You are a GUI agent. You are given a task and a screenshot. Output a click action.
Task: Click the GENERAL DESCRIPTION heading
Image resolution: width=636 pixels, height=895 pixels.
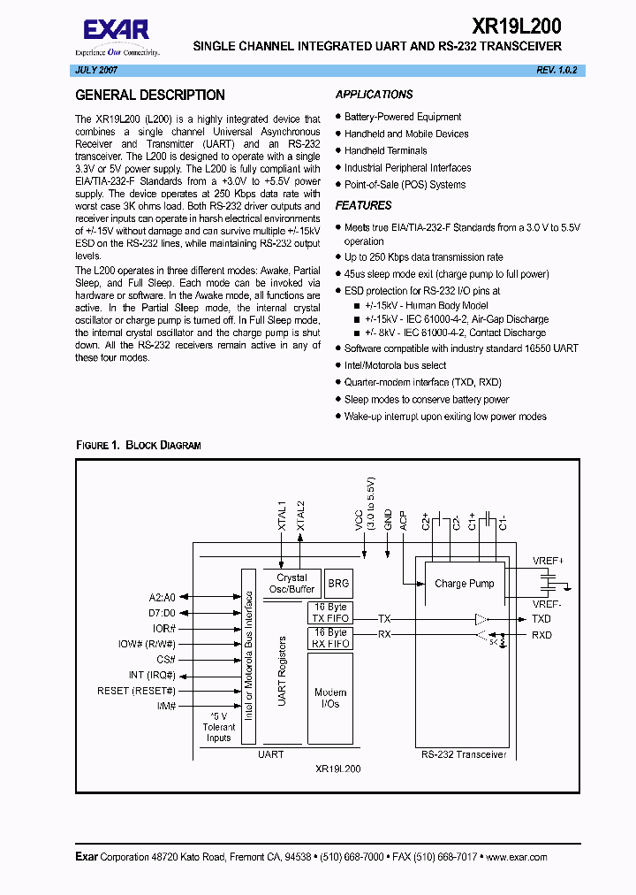point(150,96)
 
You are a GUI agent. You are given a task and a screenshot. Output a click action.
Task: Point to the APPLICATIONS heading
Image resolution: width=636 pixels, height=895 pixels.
point(374,95)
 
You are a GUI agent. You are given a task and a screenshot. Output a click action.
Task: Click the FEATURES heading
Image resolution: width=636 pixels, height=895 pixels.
point(363,205)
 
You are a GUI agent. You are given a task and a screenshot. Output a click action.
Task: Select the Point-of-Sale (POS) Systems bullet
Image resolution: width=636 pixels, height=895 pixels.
point(405,185)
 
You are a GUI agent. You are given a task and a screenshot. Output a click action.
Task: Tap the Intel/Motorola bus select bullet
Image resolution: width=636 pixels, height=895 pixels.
point(395,365)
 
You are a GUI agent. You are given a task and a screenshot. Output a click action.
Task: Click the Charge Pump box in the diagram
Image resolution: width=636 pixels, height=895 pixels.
point(464,584)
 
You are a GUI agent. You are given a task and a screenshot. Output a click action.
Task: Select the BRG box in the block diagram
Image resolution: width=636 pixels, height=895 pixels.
point(338,584)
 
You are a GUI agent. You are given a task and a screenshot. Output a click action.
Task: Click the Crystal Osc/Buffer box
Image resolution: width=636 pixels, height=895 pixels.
point(291,584)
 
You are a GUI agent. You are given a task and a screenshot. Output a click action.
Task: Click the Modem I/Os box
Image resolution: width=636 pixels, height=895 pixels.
point(330,699)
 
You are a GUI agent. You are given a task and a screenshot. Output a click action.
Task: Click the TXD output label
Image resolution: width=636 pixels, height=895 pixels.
point(541,619)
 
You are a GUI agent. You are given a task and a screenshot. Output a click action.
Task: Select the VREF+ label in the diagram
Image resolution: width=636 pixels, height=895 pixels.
point(548,561)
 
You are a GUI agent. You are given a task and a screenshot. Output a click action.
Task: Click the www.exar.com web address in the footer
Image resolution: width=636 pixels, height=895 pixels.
point(516,857)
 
